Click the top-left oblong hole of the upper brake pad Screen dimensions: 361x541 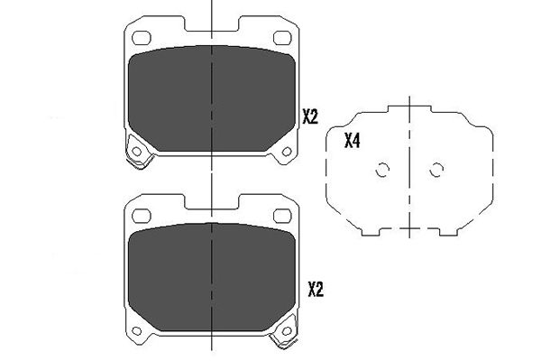[x=142, y=39]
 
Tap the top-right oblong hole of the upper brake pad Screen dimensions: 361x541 [x=280, y=39]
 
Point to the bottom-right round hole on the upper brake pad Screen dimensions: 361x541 [x=286, y=150]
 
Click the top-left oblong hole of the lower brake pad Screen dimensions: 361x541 [x=142, y=214]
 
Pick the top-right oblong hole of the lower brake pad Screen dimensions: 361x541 [x=280, y=214]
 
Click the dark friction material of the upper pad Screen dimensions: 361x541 [x=211, y=99]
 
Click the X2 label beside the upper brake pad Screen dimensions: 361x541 [x=311, y=116]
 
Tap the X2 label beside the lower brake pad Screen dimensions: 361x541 [x=315, y=289]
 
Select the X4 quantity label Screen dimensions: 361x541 [x=353, y=141]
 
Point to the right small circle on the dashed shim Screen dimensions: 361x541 [x=436, y=169]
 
